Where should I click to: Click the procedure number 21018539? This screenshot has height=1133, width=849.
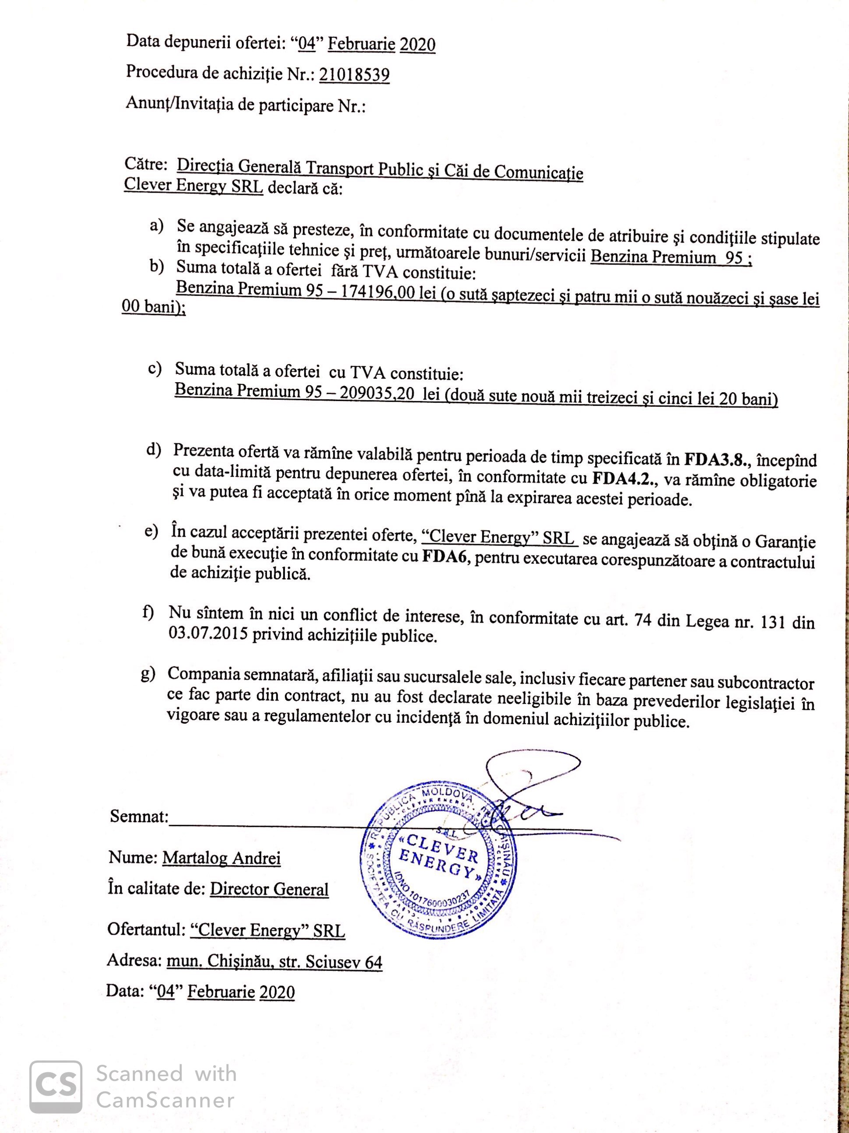354,75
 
